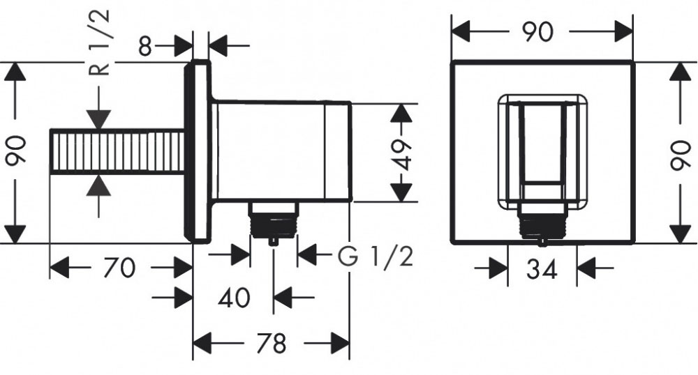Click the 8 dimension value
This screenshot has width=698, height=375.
(x=146, y=46)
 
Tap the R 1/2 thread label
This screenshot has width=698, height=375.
(x=100, y=43)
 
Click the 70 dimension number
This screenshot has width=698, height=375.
(x=119, y=268)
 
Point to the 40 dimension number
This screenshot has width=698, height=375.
(x=234, y=297)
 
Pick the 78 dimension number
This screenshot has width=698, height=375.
(x=272, y=344)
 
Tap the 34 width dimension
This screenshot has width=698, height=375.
(x=542, y=269)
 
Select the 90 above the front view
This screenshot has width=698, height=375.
(x=538, y=32)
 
